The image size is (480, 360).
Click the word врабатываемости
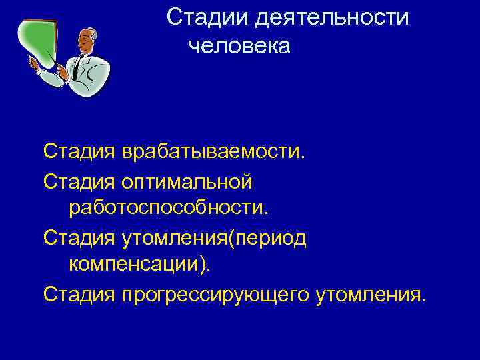pyautogui.click(x=213, y=151)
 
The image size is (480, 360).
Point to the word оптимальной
pyautogui.click(x=187, y=180)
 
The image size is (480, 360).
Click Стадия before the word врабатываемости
pyautogui.click(x=79, y=151)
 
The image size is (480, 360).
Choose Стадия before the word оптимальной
pyautogui.click(x=79, y=180)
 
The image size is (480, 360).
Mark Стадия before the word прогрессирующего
pyautogui.click(x=79, y=293)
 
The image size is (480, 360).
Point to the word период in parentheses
pyautogui.click(x=269, y=237)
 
